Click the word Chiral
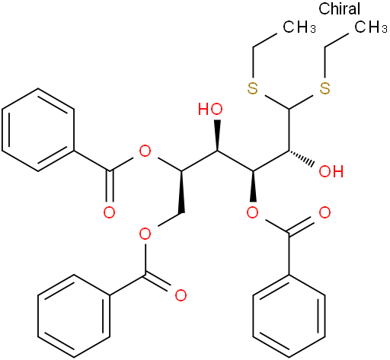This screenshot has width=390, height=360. (339, 8)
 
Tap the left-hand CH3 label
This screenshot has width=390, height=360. (299, 27)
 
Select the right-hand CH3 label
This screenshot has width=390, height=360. (371, 27)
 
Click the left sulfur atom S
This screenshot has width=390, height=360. (253, 88)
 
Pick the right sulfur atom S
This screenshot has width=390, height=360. (324, 88)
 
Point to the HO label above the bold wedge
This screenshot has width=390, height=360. (210, 110)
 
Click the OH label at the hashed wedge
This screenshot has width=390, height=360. (331, 171)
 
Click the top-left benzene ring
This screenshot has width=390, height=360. (38, 130)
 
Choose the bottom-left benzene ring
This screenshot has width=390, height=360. (74, 316)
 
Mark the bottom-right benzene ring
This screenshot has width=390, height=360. (289, 316)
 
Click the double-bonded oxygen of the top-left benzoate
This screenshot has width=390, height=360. (109, 212)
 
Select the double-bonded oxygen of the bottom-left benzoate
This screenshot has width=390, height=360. (181, 295)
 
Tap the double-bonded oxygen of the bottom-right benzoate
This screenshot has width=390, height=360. (324, 212)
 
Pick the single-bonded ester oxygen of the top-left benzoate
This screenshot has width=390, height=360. (145, 151)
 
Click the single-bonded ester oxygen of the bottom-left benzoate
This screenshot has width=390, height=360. (145, 234)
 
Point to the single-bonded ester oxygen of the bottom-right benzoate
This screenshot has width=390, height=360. (253, 212)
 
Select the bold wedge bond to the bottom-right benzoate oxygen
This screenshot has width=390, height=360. (253, 186)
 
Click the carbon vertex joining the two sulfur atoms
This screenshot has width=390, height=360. (289, 109)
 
